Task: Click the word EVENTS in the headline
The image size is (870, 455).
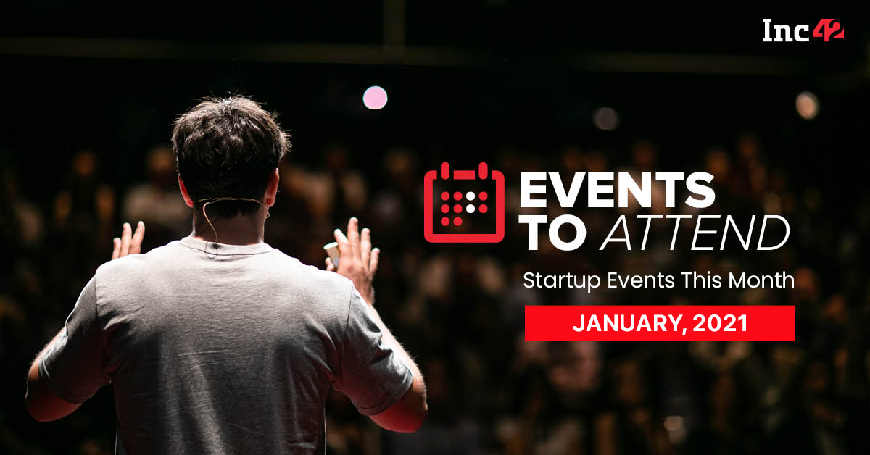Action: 617,190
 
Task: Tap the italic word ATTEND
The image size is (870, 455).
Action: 695,233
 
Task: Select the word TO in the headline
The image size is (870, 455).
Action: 553,233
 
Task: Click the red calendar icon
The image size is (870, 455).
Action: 464,202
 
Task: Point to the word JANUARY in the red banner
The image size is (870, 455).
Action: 627,323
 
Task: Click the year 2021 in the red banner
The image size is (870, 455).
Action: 720,323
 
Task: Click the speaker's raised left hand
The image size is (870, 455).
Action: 128,241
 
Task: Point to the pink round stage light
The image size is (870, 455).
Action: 375,97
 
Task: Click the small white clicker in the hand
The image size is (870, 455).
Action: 333,254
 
